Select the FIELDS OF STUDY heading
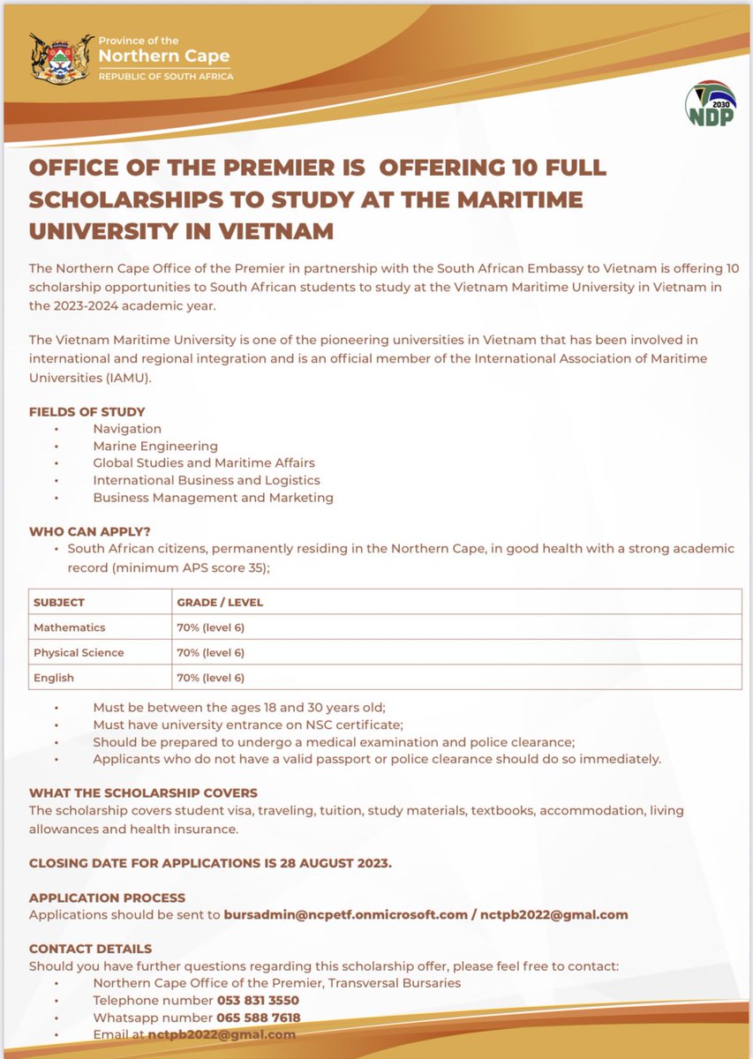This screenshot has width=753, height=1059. tap(87, 412)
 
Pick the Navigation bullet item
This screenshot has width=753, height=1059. tap(127, 429)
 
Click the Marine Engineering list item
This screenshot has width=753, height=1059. tap(155, 446)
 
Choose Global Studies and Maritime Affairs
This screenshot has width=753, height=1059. tap(204, 462)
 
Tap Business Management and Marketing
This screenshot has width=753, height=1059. tap(213, 497)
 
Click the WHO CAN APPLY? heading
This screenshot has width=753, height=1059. tap(90, 531)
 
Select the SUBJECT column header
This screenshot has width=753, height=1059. tap(59, 602)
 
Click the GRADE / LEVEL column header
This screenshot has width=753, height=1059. tap(220, 602)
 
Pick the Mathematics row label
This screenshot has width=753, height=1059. tap(69, 627)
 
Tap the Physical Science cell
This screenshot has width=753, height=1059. tap(79, 652)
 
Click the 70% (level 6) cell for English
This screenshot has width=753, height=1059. tap(210, 678)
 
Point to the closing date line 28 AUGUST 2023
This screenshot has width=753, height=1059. tap(210, 862)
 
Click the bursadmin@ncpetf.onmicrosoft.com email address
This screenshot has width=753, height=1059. tap(345, 914)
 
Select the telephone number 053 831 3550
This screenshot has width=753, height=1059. tap(258, 1000)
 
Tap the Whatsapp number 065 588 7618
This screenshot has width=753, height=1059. tap(259, 1018)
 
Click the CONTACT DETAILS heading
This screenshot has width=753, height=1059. tap(90, 949)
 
